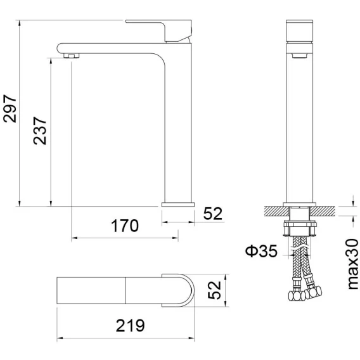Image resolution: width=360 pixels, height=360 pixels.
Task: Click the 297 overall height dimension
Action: [x=10, y=108]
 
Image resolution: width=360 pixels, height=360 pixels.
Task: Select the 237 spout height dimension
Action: [x=40, y=131]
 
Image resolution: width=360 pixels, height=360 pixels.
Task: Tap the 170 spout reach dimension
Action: [x=125, y=226]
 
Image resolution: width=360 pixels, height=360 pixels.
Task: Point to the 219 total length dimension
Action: [x=131, y=325]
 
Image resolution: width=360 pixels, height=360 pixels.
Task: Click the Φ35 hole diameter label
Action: [x=261, y=251]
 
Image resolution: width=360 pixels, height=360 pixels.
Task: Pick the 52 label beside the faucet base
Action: [x=213, y=214]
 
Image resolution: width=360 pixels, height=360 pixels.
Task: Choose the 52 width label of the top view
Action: [x=214, y=290]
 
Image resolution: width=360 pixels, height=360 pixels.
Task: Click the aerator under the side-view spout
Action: [x=72, y=56]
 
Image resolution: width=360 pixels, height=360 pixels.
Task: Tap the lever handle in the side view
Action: [x=158, y=31]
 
